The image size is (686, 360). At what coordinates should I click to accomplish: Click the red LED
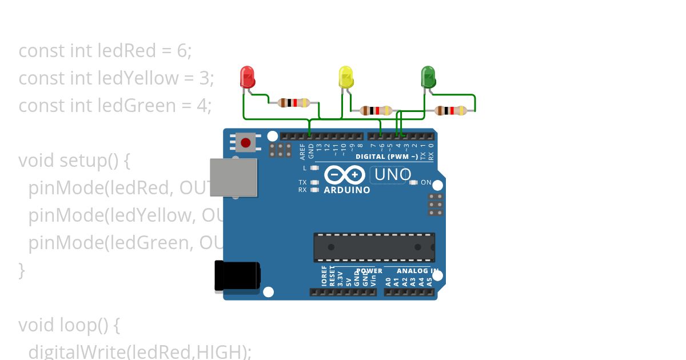247,77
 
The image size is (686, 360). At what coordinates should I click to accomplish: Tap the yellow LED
346,77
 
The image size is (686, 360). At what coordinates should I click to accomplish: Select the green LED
428,77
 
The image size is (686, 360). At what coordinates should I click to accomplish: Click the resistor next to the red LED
293,103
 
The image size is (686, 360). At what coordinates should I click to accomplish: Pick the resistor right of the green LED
451,111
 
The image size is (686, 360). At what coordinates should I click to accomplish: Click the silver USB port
233,178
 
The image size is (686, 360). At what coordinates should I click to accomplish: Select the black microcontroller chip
374,247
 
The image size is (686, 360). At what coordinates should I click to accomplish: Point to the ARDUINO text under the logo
347,190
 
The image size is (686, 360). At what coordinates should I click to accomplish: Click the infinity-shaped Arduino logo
345,174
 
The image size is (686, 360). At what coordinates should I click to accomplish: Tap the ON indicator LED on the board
414,182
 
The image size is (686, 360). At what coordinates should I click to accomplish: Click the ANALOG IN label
418,271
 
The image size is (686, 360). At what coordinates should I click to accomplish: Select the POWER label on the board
369,271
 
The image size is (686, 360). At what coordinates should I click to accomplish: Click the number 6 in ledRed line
182,51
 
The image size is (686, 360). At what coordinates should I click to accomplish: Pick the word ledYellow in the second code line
138,78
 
